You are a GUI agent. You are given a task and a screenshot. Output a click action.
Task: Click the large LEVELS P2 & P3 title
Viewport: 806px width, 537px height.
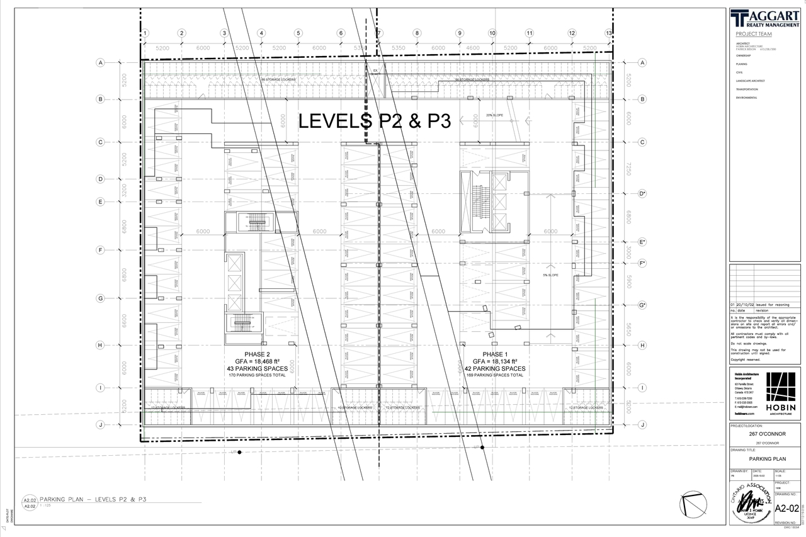374,121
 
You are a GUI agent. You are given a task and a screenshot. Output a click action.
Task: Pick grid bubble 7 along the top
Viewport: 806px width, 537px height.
379,33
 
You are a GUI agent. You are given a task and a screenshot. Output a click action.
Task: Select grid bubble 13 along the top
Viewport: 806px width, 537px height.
608,33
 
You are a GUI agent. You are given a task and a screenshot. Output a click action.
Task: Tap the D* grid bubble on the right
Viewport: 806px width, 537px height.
642,193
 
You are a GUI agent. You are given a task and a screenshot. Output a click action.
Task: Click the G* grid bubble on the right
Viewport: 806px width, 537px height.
642,305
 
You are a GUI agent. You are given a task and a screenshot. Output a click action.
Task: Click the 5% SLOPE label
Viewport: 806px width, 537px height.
550,275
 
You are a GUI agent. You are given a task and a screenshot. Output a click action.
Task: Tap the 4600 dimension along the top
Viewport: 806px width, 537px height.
472,48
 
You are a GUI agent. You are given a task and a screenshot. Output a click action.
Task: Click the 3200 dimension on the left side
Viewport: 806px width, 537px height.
124,190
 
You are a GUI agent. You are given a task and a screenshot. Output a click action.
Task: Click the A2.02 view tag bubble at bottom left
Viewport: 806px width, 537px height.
29,502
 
